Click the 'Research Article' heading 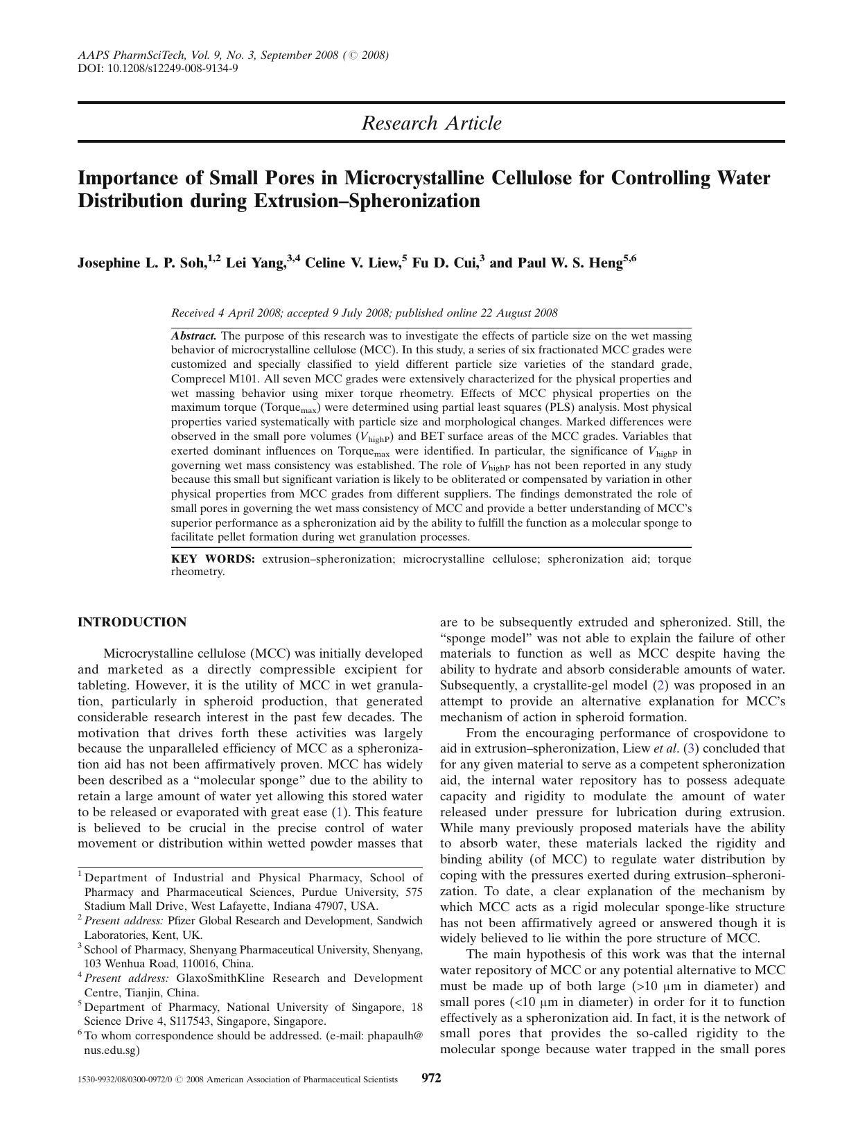click(x=431, y=123)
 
